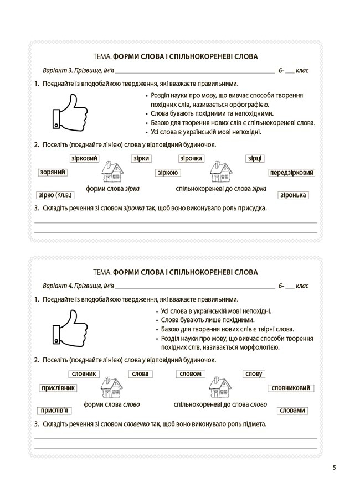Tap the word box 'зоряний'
53,173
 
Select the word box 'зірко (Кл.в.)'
54,195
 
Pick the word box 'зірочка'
191,159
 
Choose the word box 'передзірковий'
292,173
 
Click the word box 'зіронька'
294,195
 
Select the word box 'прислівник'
58,388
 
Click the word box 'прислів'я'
55,410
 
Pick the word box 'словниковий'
291,388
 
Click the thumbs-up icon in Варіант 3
70,112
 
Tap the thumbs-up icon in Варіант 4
70,328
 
